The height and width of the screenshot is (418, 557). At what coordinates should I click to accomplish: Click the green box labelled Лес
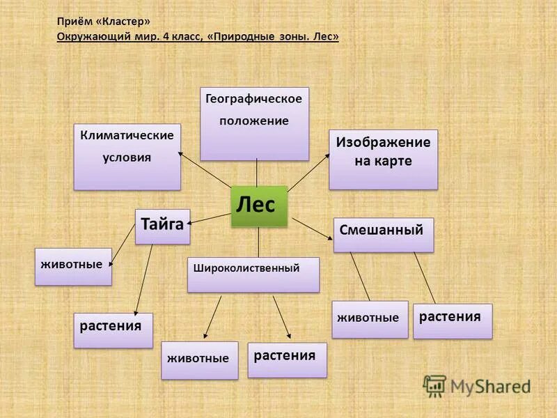click(x=259, y=206)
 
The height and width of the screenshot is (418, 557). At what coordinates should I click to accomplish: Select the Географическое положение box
click(x=254, y=123)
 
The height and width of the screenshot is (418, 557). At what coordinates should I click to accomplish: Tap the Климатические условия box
click(x=127, y=157)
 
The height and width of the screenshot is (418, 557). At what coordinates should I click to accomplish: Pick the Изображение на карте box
click(x=384, y=160)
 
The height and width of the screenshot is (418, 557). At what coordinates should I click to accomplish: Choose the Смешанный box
click(x=384, y=235)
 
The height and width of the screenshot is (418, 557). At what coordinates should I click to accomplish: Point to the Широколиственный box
click(x=253, y=274)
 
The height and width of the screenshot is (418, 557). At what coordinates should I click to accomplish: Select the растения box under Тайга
click(x=113, y=330)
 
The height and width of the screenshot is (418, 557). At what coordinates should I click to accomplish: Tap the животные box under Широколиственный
click(x=199, y=360)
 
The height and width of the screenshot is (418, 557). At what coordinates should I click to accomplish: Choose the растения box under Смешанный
click(x=453, y=321)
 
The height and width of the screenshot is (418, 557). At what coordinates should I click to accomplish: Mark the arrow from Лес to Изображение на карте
click(x=308, y=172)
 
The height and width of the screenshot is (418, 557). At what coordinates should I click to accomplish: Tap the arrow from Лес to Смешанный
click(x=313, y=229)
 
